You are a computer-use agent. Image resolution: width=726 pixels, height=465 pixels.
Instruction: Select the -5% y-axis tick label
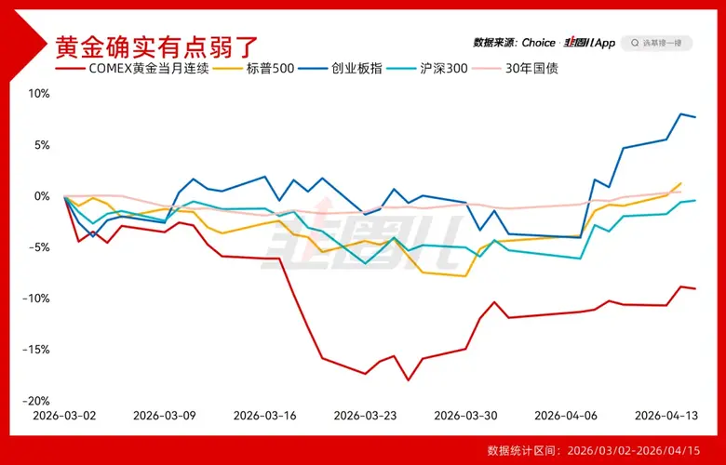(38, 247)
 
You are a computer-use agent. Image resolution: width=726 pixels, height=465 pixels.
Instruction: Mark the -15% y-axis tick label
(35, 350)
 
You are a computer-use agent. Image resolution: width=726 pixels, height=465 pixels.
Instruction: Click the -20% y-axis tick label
(35, 401)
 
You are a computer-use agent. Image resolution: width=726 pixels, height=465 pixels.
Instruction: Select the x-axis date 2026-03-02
(64, 416)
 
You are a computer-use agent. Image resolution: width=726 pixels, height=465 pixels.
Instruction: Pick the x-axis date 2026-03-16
(264, 416)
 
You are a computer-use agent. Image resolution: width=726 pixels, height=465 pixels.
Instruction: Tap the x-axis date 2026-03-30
(464, 416)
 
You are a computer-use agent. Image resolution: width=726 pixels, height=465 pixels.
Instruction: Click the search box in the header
(656, 43)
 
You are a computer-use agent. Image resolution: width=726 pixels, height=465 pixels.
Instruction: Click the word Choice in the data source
(538, 43)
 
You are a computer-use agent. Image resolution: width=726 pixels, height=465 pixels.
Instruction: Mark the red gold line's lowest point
(408, 380)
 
